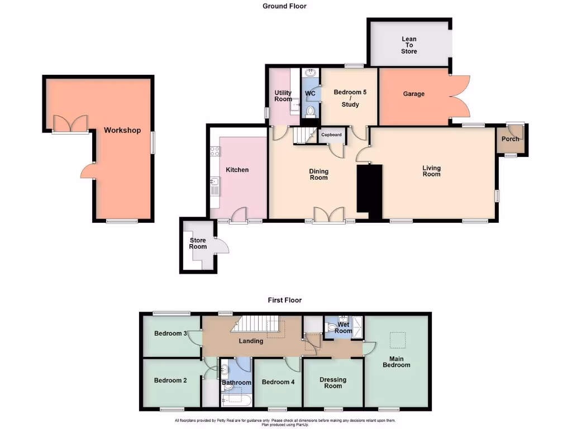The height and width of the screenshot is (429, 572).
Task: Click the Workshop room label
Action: [x=122, y=130]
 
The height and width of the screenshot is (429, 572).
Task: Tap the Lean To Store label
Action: [x=409, y=45]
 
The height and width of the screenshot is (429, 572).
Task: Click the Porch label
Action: [x=510, y=139]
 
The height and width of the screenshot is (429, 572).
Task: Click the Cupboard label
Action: [x=331, y=135]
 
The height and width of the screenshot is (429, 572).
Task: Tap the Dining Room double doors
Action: [x=328, y=216]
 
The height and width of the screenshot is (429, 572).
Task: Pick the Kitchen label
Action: [x=237, y=170]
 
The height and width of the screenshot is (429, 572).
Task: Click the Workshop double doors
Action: [x=70, y=125]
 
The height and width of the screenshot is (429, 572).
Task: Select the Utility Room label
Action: [x=283, y=96]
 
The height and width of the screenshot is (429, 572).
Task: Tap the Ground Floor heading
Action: [x=284, y=6]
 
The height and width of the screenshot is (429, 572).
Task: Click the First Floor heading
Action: [x=284, y=300]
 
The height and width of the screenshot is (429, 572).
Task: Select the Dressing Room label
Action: [x=333, y=383]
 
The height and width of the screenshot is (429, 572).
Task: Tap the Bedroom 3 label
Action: [x=170, y=333]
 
